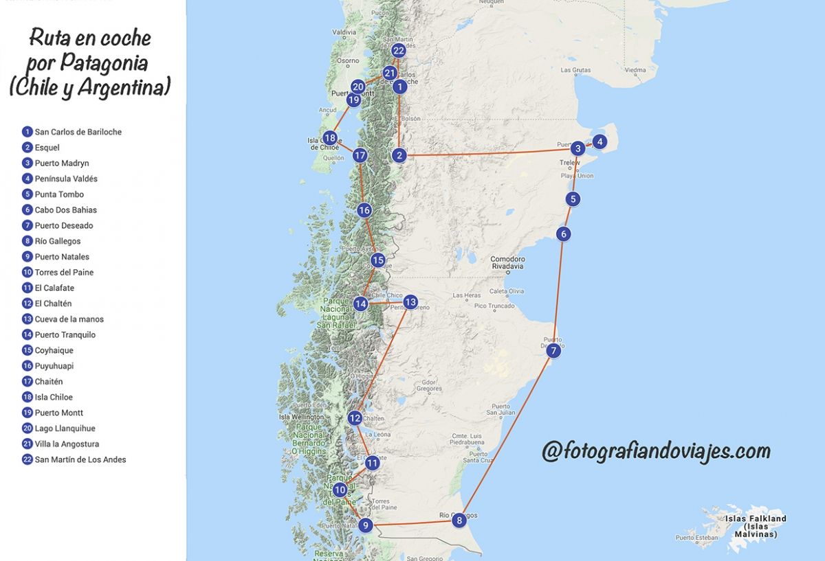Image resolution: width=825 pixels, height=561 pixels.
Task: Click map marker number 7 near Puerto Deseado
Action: [x=553, y=351]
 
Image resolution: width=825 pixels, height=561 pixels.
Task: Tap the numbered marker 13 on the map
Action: [x=410, y=301]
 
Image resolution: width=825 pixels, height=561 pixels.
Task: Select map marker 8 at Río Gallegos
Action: [x=459, y=520]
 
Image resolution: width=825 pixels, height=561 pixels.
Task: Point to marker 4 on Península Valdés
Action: [x=599, y=142]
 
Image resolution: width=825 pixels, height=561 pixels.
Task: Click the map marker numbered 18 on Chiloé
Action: [x=330, y=137]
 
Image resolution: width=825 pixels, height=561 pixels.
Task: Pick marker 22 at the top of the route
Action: [x=399, y=51]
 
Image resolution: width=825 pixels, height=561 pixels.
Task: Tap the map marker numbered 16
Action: [x=364, y=210]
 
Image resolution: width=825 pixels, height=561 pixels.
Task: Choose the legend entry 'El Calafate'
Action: [x=54, y=288]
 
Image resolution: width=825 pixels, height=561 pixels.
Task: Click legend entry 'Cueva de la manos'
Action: [x=69, y=319]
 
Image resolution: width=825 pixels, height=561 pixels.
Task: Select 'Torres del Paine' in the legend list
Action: [x=64, y=273]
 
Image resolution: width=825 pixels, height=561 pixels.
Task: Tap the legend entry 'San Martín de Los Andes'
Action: [x=80, y=459]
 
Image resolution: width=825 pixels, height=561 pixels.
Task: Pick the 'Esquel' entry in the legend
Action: [x=47, y=148]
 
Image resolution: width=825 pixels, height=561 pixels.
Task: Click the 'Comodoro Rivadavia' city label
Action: [x=507, y=263]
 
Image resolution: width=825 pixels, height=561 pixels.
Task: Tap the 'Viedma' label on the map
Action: [x=635, y=70]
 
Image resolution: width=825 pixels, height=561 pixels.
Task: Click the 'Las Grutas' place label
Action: [x=575, y=70]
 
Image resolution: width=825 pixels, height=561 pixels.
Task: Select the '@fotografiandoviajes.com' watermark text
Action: [x=656, y=451]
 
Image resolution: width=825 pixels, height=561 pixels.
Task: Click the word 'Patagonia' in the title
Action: [x=104, y=63]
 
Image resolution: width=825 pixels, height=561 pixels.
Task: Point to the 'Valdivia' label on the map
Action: [x=344, y=32]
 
